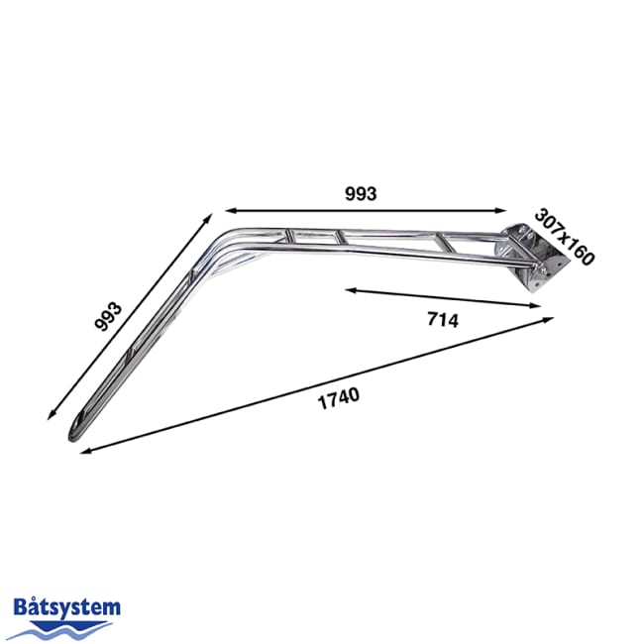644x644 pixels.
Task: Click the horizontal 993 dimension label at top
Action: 362,194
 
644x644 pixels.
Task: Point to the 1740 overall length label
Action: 338,398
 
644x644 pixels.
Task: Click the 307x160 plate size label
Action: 564,236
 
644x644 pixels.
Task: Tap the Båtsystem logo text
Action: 67,606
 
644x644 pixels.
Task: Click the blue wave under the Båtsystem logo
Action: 67,624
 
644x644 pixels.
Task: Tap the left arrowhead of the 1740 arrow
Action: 81,452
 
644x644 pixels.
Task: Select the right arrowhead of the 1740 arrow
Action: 551,319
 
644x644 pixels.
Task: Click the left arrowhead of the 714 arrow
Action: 350,289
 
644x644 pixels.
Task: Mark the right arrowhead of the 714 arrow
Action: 540,306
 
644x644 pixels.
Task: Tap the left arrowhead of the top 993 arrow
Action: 227,210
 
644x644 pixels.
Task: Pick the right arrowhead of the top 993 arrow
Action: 505,210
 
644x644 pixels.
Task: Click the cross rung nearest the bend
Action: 288,236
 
